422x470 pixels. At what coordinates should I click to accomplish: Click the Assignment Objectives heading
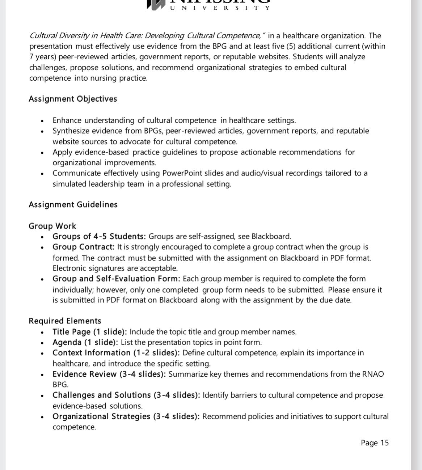(73, 99)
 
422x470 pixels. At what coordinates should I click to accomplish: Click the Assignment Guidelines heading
(73, 205)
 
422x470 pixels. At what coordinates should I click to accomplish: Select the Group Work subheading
(52, 226)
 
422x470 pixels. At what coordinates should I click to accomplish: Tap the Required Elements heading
(65, 321)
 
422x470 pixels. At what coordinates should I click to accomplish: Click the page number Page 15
(375, 443)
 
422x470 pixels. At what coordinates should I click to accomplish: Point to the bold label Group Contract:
(84, 247)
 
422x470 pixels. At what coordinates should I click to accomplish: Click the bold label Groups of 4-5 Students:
(99, 237)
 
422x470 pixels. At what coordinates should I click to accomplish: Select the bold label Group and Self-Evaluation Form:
(116, 279)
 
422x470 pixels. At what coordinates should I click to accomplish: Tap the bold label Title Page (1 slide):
(89, 332)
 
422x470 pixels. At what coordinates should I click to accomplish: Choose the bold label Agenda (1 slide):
(85, 342)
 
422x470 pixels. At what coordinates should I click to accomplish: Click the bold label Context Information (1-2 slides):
(116, 353)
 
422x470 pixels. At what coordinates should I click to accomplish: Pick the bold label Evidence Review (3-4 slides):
(109, 374)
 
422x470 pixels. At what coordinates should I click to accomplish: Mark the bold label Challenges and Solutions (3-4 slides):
(126, 395)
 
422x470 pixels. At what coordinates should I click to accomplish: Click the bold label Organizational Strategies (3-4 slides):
(126, 416)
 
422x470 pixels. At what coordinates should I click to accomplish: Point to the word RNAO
(373, 374)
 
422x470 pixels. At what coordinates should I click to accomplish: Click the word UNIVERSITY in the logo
(220, 8)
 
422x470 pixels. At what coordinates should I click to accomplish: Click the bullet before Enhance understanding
(43, 121)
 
